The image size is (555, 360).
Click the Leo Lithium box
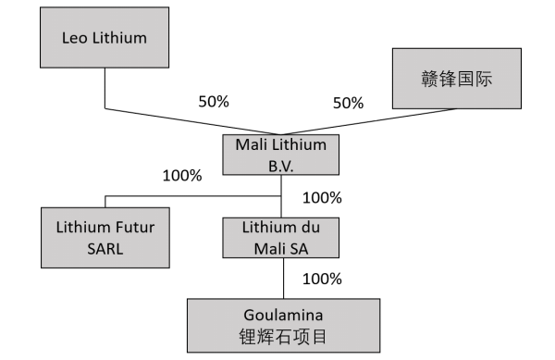coord(104,40)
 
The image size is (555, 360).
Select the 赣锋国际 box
coord(454,78)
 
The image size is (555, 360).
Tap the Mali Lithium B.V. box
coord(281,155)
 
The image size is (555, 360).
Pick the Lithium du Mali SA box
coord(281,237)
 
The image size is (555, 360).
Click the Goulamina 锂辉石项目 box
coord(281,324)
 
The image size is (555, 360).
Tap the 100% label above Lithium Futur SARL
coord(181,175)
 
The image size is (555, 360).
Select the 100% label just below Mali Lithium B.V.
coord(322,197)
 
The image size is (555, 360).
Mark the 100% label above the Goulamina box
coord(322,279)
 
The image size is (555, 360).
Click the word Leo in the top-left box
coord(77,40)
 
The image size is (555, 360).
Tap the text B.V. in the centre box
coord(281,165)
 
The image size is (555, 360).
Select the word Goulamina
coord(281,314)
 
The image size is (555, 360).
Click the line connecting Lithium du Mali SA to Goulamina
coord(281,278)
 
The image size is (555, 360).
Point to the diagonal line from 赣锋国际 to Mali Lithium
coord(388,123)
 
